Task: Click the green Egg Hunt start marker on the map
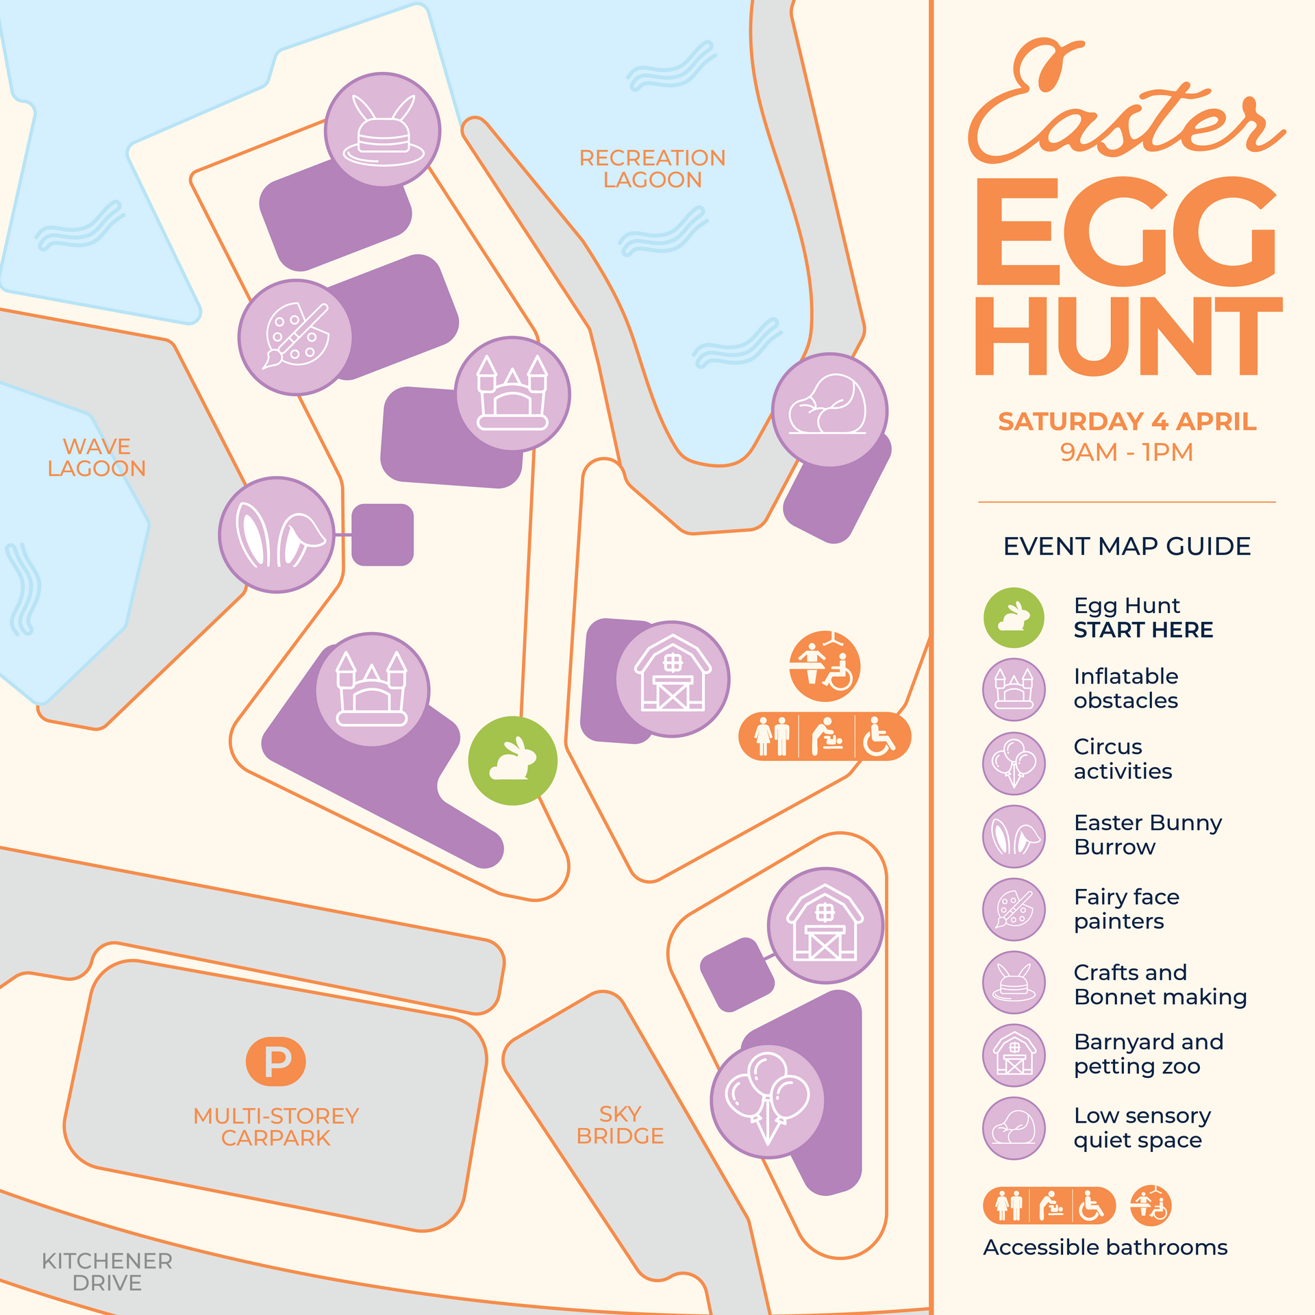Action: (512, 760)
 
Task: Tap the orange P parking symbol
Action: (275, 1062)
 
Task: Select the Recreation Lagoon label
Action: (652, 168)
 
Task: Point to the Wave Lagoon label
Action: (97, 458)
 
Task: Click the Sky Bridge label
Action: (620, 1125)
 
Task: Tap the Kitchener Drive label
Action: (107, 1272)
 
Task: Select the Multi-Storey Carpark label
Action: (276, 1127)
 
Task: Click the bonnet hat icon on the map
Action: (382, 130)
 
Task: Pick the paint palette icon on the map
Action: (295, 337)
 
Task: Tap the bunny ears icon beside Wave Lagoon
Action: (277, 534)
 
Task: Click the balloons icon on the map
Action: (767, 1101)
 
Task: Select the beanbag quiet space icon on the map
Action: (829, 410)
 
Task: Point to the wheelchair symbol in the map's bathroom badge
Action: (879, 736)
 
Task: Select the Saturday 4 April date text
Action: (1127, 421)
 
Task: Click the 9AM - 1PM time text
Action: (1127, 452)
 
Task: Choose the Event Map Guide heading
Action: (1127, 547)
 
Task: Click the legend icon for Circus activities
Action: (1014, 763)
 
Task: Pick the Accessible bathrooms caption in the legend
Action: (1105, 1247)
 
